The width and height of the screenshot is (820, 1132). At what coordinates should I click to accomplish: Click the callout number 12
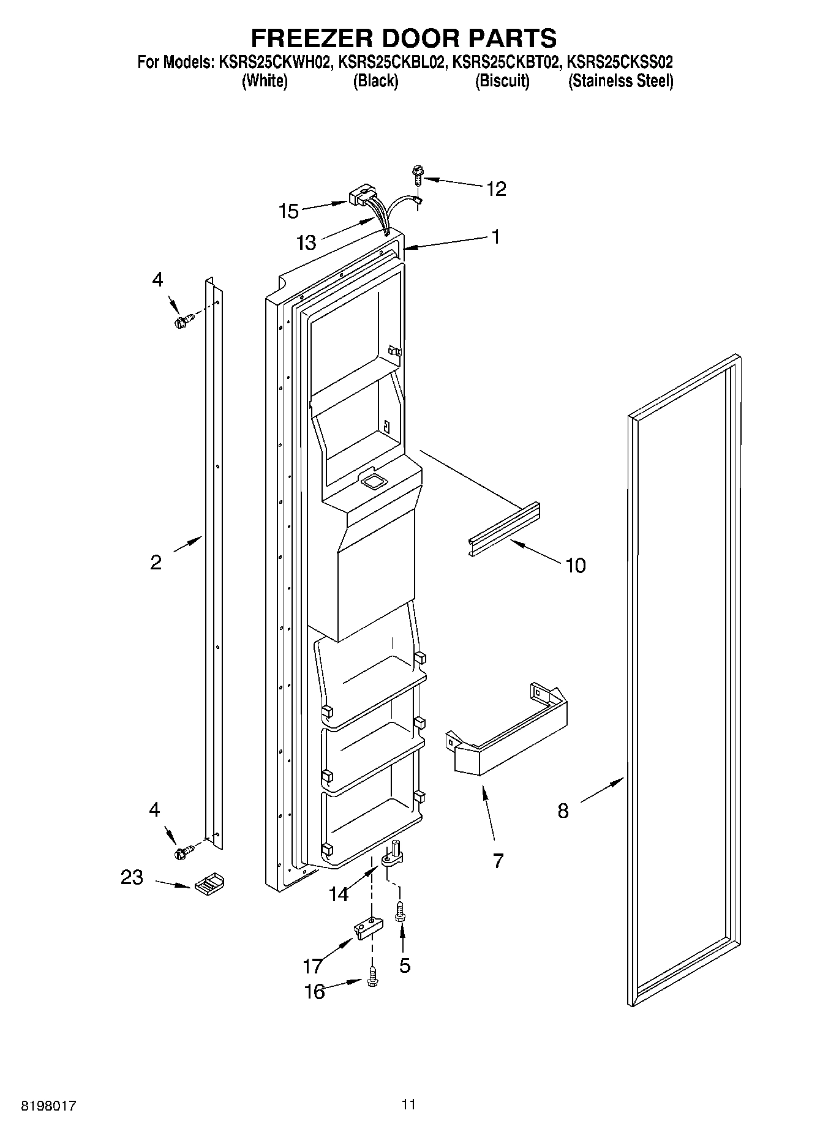point(496,189)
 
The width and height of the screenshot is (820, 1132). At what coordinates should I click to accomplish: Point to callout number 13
point(306,242)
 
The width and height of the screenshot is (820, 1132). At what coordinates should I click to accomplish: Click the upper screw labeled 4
point(184,320)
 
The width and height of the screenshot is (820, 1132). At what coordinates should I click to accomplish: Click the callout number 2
point(156,562)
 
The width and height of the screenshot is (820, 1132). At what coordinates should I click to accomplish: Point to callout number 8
point(563,811)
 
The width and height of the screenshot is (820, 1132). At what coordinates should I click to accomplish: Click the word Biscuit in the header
point(502,81)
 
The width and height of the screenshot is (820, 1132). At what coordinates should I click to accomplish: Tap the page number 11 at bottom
point(408,1104)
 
